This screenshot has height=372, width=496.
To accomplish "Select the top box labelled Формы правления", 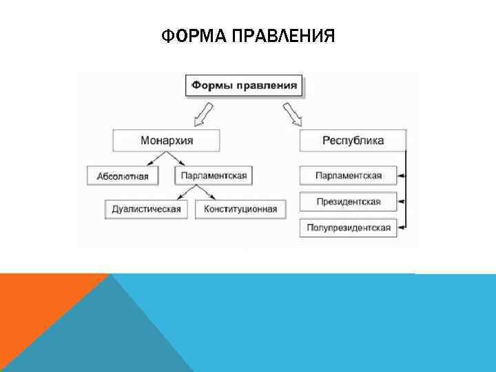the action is click(x=245, y=86).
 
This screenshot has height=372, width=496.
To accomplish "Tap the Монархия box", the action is click(x=167, y=141).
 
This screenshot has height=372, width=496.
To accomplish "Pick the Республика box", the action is click(x=353, y=141).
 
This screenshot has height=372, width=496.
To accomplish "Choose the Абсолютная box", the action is click(x=123, y=176).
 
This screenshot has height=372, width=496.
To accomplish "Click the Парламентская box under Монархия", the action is click(x=214, y=176).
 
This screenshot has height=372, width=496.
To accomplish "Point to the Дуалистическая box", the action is click(x=146, y=209).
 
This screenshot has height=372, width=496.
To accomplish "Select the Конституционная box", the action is click(x=240, y=209).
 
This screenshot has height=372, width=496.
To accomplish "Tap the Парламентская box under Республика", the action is click(x=349, y=176).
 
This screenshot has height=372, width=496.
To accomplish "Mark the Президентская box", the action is click(x=349, y=203).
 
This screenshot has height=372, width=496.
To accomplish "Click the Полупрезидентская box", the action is click(x=349, y=227).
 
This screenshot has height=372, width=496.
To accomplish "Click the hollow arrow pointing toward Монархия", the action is click(x=203, y=114).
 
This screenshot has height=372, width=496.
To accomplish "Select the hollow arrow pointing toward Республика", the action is click(x=292, y=114).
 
